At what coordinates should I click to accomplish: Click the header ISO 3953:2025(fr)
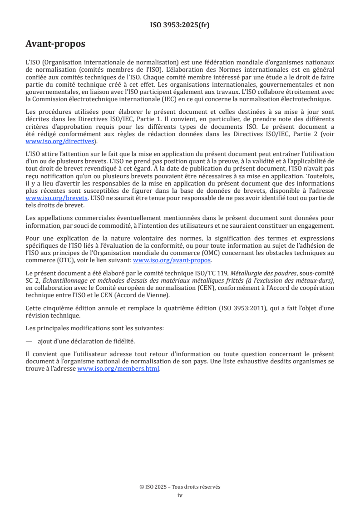pyautogui.click(x=180, y=25)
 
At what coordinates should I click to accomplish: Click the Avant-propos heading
pyautogui.click(x=55, y=44)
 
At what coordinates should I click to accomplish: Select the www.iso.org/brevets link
pyautogui.click(x=56, y=198)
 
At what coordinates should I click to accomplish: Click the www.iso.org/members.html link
pyautogui.click(x=118, y=369)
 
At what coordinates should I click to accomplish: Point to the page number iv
pyautogui.click(x=180, y=495)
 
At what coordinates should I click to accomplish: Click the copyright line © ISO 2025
pyautogui.click(x=180, y=487)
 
